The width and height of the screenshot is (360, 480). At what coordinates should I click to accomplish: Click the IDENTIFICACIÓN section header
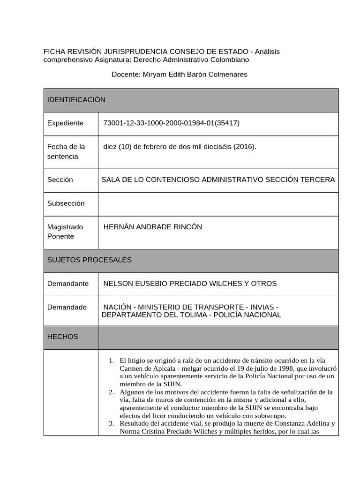(76, 100)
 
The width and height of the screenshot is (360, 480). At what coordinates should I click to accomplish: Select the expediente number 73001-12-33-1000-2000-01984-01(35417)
(171, 123)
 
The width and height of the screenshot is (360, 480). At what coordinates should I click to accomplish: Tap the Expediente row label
(65, 123)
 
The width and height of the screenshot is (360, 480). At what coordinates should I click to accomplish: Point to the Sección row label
(60, 180)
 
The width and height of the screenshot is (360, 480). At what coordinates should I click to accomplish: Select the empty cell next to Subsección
(218, 204)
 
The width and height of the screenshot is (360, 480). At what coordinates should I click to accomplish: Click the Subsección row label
(66, 203)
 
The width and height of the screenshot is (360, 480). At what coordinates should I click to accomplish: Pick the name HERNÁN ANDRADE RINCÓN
(152, 227)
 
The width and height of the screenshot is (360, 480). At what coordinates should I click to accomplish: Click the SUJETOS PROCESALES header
(89, 260)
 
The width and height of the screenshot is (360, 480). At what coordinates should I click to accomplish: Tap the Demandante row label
(68, 284)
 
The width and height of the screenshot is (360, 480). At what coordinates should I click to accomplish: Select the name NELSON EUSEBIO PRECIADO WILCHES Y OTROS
(190, 284)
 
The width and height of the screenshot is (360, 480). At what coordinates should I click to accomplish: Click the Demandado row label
(67, 307)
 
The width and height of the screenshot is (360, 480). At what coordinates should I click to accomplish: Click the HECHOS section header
(62, 337)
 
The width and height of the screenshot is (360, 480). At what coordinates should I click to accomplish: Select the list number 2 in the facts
(112, 392)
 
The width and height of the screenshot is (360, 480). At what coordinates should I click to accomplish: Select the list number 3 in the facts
(112, 423)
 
